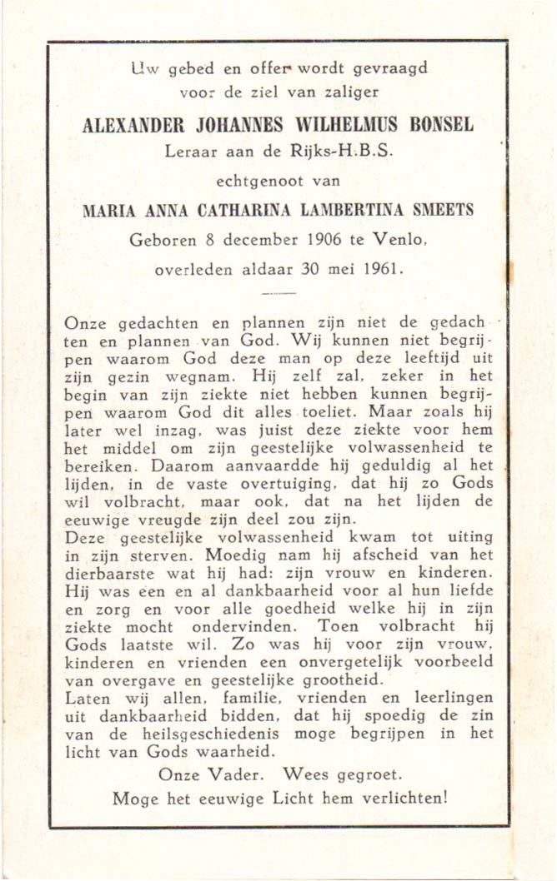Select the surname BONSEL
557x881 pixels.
[441, 126]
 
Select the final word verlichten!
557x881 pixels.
[404, 797]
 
